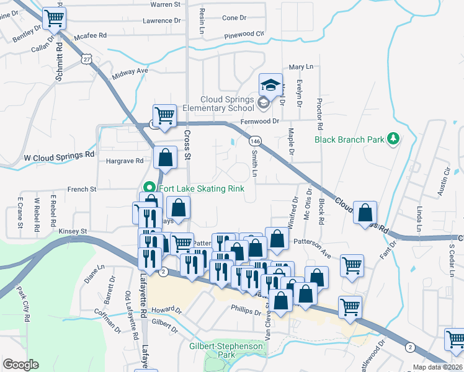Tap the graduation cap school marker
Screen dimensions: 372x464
270,85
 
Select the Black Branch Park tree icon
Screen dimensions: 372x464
392,139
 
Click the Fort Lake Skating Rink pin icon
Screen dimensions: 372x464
149,188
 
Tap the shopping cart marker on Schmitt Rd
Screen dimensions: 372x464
55,20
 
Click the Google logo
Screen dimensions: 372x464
20,365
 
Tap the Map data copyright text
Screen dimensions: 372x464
437,367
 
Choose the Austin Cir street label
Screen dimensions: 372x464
442,185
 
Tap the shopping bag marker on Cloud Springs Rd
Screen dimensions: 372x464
365,211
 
